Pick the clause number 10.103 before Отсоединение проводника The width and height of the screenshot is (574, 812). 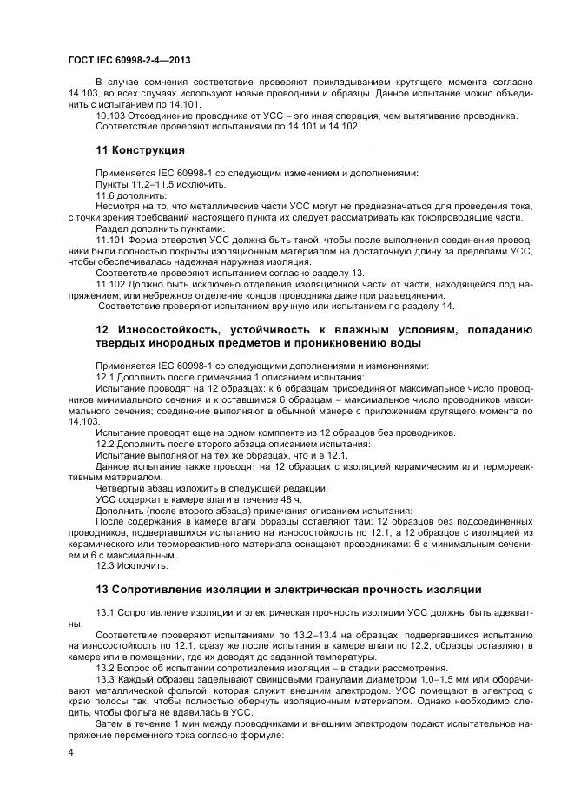[109, 116]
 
